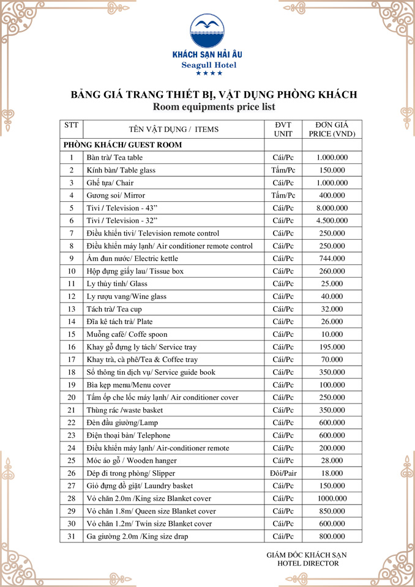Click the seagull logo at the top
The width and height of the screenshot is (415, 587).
click(207, 31)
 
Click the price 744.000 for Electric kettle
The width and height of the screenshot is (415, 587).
click(332, 259)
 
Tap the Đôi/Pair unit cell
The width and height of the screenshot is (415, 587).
click(283, 473)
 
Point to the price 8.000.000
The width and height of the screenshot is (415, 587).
click(332, 208)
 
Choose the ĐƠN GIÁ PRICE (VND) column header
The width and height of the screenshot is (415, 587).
click(332, 129)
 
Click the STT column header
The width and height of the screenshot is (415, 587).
click(71, 125)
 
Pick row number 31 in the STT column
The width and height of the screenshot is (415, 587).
click(71, 536)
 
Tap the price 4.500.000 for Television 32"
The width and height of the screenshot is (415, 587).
click(332, 221)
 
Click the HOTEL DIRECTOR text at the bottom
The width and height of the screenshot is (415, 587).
click(308, 563)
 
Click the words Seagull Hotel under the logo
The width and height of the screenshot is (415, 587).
click(209, 65)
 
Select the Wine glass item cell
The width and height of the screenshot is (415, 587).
click(126, 297)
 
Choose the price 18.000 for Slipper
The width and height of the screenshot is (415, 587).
click(332, 473)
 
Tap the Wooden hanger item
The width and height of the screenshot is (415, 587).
click(132, 460)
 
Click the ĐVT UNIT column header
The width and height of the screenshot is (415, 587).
click(283, 129)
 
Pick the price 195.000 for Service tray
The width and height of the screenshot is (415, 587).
click(332, 347)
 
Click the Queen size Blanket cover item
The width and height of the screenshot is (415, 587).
click(151, 511)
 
